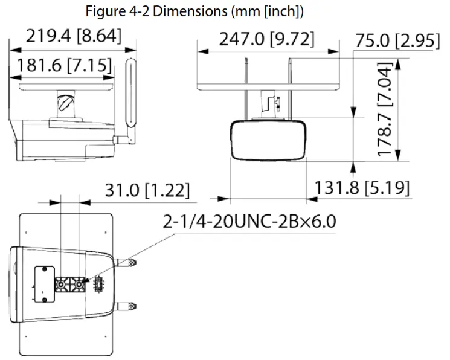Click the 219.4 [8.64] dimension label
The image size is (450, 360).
(x=74, y=37)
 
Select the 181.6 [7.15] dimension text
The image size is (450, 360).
(x=64, y=65)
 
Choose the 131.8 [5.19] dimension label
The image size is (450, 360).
(x=362, y=188)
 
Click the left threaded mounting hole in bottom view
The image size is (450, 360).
(x=61, y=283)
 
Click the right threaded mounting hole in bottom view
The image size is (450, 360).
(x=78, y=283)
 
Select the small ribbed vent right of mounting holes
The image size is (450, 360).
(x=98, y=284)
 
